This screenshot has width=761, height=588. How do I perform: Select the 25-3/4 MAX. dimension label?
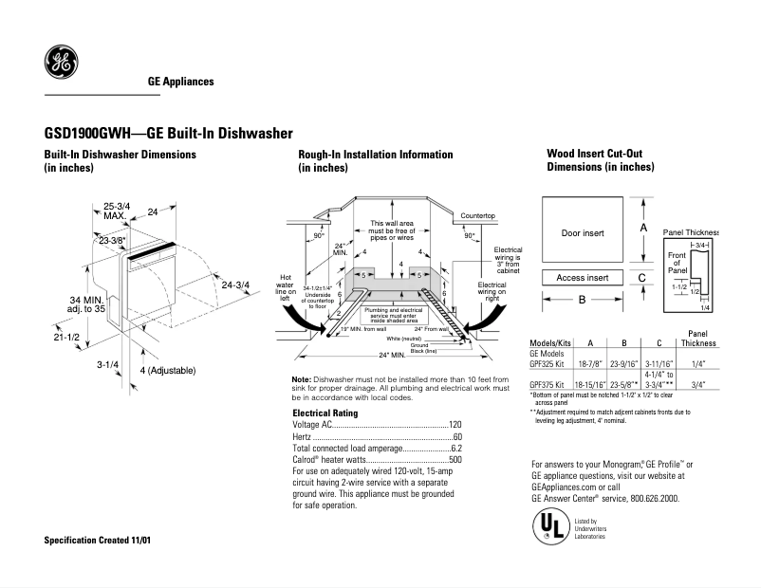[117, 211]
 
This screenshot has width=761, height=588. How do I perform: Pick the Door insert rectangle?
[583, 232]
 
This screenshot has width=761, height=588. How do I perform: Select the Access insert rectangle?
[583, 278]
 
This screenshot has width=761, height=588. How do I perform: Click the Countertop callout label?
[478, 216]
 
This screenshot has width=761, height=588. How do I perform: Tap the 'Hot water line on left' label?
[286, 287]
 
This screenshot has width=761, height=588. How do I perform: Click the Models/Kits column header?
[548, 342]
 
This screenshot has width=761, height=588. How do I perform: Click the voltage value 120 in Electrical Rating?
[455, 425]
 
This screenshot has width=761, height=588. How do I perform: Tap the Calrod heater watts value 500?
[455, 459]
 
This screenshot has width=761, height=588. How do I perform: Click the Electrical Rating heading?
[325, 413]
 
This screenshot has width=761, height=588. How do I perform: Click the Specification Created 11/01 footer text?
[98, 540]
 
